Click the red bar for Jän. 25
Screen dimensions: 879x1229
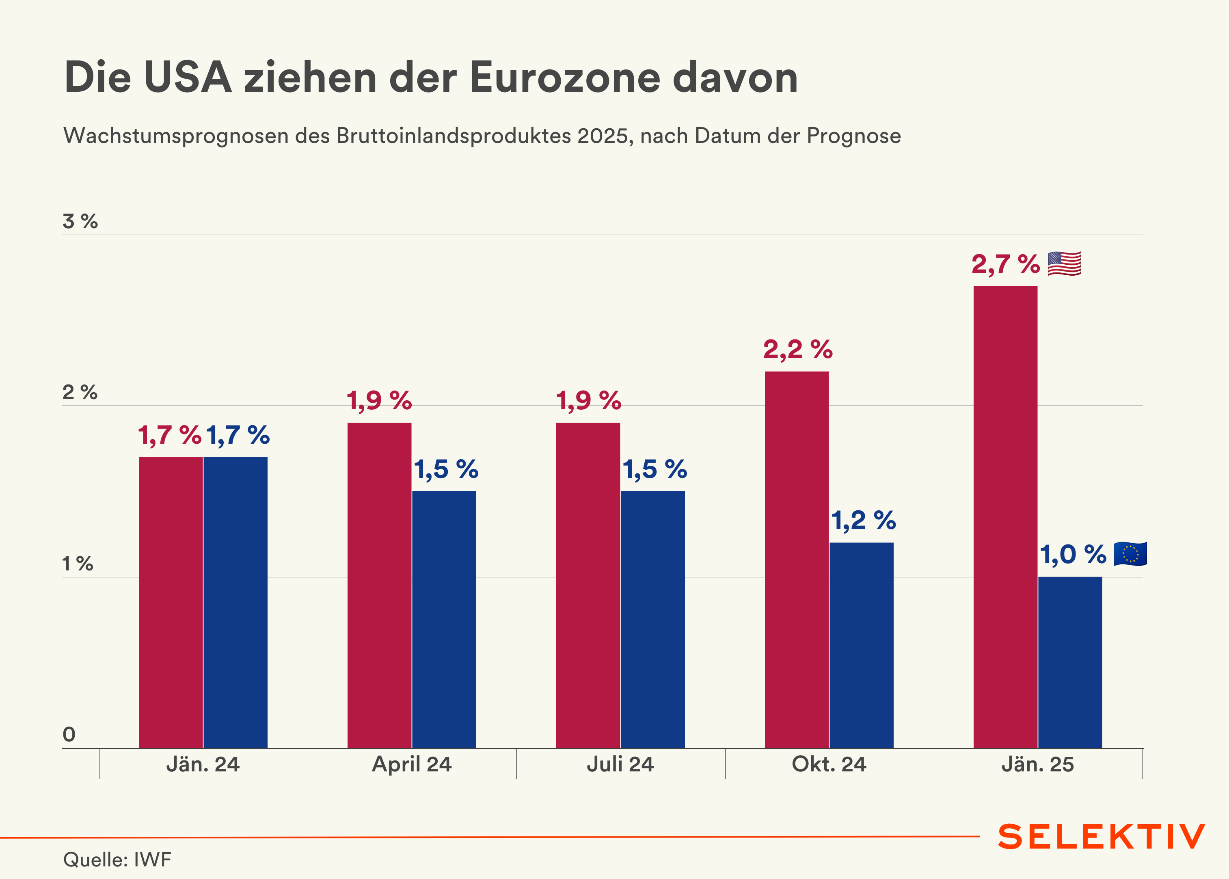pyautogui.click(x=1005, y=517)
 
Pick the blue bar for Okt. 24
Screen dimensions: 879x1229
pyautogui.click(x=861, y=645)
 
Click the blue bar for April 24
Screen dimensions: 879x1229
pyautogui.click(x=444, y=619)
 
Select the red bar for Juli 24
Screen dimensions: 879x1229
pyautogui.click(x=588, y=585)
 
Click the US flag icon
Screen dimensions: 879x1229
pyautogui.click(x=1064, y=263)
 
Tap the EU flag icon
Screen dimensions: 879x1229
pyautogui.click(x=1130, y=554)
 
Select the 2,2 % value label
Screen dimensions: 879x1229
pyautogui.click(x=798, y=349)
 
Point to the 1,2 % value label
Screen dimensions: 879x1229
pyautogui.click(x=863, y=520)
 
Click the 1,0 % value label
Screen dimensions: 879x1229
pyautogui.click(x=1073, y=554)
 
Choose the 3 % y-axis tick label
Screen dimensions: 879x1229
pyautogui.click(x=80, y=221)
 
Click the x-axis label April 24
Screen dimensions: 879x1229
pyautogui.click(x=411, y=764)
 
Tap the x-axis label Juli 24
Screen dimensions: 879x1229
pyautogui.click(x=620, y=764)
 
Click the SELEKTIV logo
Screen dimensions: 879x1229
pyautogui.click(x=1101, y=837)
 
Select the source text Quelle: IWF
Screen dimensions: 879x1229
pyautogui.click(x=117, y=859)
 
